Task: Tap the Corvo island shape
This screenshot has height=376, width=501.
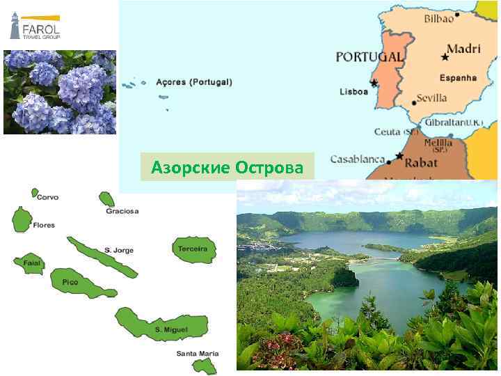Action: (35, 192)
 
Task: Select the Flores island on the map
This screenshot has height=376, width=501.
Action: (22, 219)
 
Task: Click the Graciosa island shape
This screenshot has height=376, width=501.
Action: (106, 199)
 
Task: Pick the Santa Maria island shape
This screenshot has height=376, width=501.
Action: (207, 366)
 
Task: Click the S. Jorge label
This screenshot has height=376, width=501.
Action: (119, 250)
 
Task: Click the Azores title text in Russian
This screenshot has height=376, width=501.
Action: (228, 169)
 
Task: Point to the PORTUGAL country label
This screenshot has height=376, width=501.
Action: (369, 56)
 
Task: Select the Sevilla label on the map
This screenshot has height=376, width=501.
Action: (431, 98)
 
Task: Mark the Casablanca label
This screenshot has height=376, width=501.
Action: (358, 159)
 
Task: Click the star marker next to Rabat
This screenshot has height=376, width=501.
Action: (399, 156)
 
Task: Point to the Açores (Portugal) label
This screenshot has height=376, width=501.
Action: (194, 82)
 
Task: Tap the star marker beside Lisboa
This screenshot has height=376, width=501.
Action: (374, 83)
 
